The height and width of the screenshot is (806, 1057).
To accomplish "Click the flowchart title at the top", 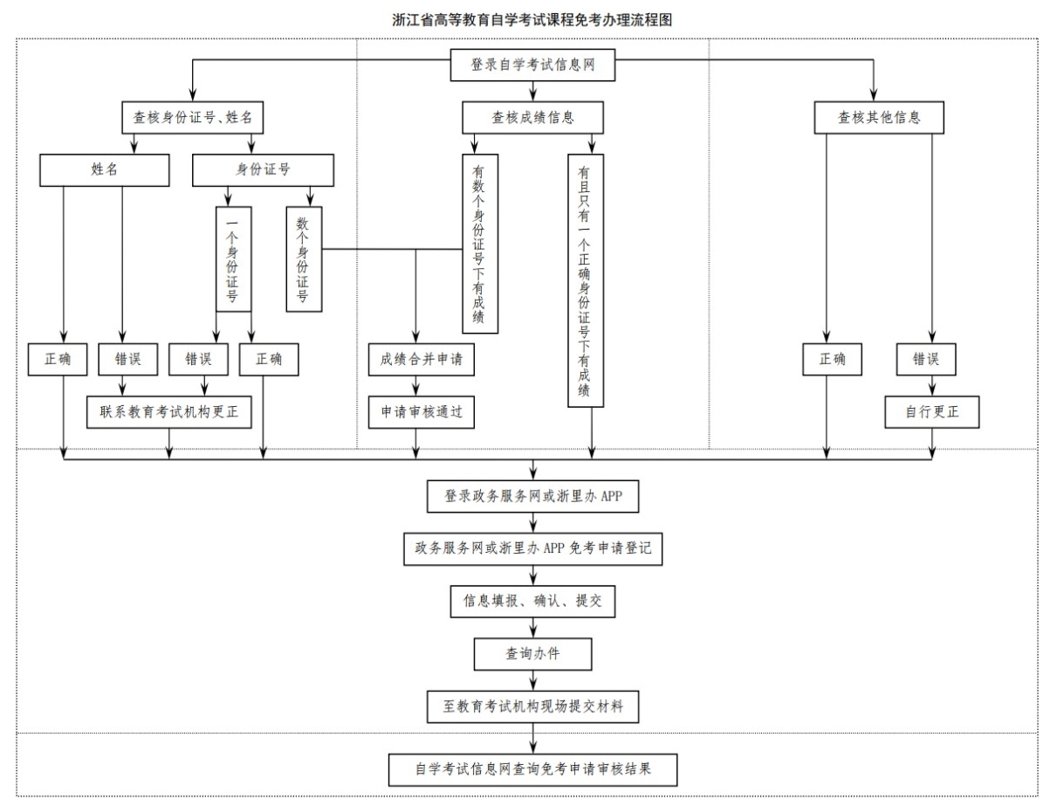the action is pos(532,20).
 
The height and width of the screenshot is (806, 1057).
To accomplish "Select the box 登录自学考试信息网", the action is pos(532,65).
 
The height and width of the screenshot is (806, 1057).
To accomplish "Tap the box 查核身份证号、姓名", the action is pos(193,117).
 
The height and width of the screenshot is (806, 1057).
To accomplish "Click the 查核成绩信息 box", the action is pos(532,117).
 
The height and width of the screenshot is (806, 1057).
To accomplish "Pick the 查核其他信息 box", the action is pos(879,117).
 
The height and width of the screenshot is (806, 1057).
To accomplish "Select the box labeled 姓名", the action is pos(105,169).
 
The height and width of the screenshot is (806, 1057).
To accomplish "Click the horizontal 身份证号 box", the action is pos(263,169).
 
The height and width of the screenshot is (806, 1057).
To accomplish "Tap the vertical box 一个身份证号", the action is pos(234,259).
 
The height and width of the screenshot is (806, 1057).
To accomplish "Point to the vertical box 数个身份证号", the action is pos(304,259).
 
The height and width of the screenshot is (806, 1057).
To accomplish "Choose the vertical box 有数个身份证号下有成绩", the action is pos(480,244).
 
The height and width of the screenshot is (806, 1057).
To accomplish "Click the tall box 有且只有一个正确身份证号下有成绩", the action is pos(586,280).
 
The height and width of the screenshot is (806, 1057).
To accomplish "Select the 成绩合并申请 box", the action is pos(422,359).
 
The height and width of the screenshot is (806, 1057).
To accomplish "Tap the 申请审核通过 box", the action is pos(422,412).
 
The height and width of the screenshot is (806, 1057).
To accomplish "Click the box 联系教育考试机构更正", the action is pos(169,412).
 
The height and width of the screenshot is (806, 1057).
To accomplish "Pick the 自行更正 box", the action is pos(932,412).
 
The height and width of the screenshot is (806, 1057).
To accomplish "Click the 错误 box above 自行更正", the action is pos(926,359).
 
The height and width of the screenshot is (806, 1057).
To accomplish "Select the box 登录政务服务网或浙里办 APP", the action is pos(532,496).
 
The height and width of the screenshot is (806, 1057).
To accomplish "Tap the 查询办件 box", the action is pos(532,654).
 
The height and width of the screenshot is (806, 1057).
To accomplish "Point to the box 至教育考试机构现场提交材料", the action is pos(532,706).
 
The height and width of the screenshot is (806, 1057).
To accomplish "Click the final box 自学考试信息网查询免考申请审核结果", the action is pos(532,770).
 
